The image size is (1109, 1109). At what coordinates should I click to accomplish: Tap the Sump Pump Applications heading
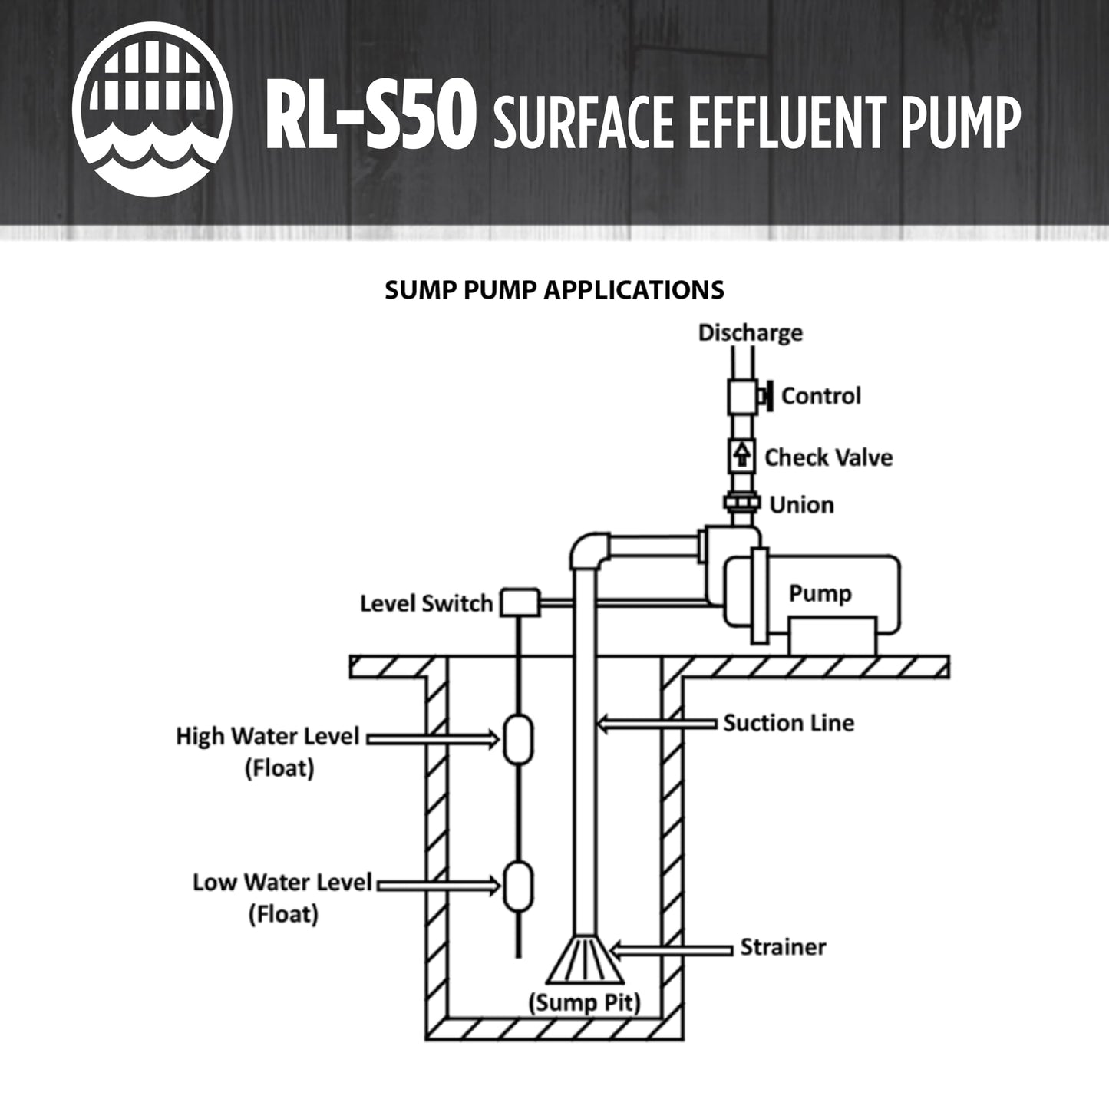click(x=554, y=289)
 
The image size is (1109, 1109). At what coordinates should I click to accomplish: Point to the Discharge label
click(x=750, y=333)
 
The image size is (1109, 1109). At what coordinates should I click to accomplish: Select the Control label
click(x=820, y=396)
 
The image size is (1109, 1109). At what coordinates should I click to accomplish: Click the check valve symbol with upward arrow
click(x=741, y=456)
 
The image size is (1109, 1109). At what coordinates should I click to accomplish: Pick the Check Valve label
click(x=828, y=457)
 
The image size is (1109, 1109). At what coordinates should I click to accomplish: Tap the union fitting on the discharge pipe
click(x=741, y=503)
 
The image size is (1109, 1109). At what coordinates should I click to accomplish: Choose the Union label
click(x=801, y=505)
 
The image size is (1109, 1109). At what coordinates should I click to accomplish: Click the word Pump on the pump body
click(x=820, y=593)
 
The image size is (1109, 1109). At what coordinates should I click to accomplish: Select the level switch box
click(x=521, y=602)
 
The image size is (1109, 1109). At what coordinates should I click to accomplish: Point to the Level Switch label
click(x=426, y=603)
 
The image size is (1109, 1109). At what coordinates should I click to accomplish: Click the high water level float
click(x=519, y=738)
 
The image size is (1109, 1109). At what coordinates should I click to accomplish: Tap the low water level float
click(x=519, y=884)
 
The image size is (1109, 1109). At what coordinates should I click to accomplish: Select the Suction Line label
click(x=788, y=723)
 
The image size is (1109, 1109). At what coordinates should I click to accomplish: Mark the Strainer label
click(x=783, y=947)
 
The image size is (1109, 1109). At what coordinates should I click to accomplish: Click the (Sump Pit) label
click(x=584, y=1003)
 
